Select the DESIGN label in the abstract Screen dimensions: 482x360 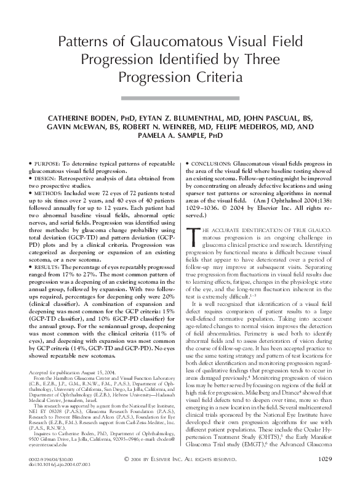pos(45,177)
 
